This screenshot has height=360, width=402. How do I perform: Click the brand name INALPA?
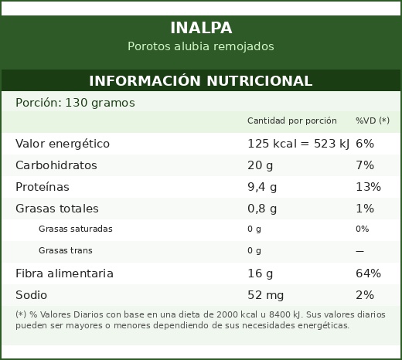pos(201,28)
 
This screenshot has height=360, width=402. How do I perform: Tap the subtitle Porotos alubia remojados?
pos(201,46)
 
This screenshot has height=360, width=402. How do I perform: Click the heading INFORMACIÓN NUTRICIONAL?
pos(201,80)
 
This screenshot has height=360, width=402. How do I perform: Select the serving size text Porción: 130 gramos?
pos(75,103)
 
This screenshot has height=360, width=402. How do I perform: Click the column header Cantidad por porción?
pos(292,121)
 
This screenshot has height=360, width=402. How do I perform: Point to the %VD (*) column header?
pos(373,121)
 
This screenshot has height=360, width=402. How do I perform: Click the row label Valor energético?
pos(63,144)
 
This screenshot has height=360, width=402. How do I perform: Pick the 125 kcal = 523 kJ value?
pos(298,144)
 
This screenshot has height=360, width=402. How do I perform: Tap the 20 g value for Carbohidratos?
pos(260,165)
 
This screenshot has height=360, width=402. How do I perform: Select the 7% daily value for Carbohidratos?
pos(365,165)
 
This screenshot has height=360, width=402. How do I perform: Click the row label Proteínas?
pos(43,187)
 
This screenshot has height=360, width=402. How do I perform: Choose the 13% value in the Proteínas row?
pos(368,187)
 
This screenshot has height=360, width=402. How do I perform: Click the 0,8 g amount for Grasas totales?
pos(262,209)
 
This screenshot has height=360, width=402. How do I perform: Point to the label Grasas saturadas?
pos(76,229)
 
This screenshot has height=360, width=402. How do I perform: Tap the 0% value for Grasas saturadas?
pos(362,229)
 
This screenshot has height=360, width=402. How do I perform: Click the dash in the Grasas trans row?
pos(359,251)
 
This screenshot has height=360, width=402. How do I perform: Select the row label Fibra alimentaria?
pos(64,273)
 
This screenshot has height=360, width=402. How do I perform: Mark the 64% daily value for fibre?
pos(368,273)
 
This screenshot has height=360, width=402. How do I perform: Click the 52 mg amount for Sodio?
pos(265,295)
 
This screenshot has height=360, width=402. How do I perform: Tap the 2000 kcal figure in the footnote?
pos(237,314)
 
